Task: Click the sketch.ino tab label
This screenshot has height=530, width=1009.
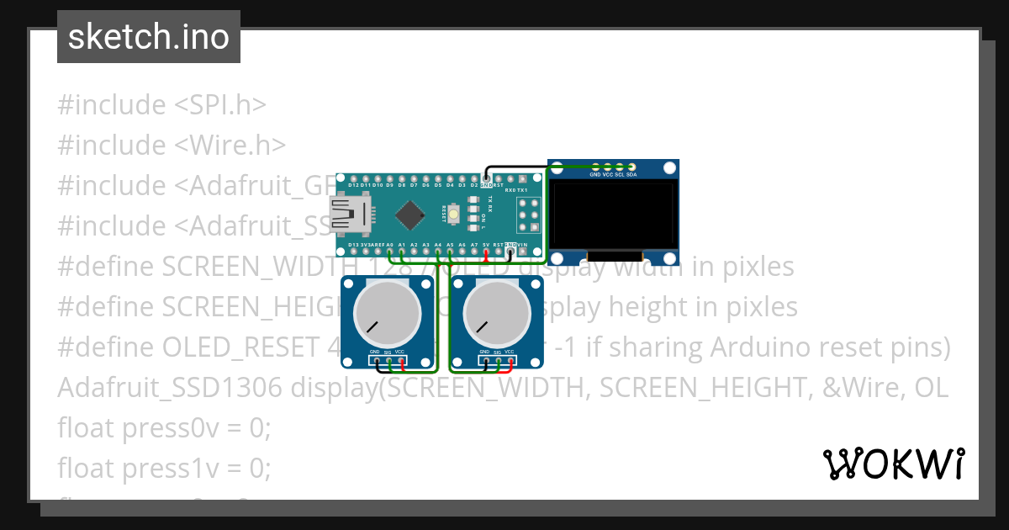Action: point(148,37)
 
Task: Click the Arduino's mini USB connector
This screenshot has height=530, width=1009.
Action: point(347,214)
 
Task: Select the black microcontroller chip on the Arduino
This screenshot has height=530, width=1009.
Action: point(409,215)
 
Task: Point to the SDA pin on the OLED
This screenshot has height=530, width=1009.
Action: point(631,167)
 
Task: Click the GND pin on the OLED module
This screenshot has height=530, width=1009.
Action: point(595,167)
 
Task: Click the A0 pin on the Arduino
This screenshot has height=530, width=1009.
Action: point(390,251)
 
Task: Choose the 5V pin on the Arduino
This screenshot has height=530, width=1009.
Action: point(486,251)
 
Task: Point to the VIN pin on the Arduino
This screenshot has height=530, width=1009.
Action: point(522,251)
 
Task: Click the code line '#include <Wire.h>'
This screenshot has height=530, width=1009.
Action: point(172,145)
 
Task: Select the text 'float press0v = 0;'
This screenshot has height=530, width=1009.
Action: point(164,427)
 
